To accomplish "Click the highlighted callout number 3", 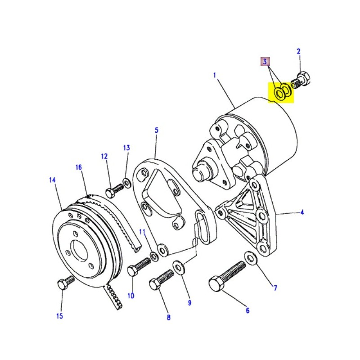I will pos(265,61).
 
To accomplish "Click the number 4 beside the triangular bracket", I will pos(302,212).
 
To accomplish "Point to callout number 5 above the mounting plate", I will pos(157,130).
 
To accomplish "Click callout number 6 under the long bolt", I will pos(247,310).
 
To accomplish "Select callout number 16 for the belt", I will pos(79,167).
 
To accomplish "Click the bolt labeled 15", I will pos(63,283).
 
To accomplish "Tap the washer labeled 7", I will pos(249,257).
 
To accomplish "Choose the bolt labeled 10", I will pos(139,266).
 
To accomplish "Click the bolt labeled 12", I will pos(114,191).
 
